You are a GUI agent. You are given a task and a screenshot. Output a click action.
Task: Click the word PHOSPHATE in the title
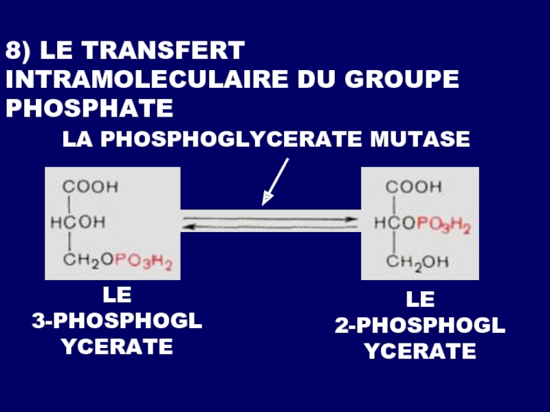(89, 108)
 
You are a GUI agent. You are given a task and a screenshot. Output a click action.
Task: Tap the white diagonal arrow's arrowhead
(266, 200)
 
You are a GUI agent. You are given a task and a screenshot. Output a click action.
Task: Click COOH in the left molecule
(91, 186)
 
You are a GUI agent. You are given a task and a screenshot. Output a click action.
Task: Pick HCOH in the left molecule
(79, 222)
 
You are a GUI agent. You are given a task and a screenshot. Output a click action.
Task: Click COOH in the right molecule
(414, 186)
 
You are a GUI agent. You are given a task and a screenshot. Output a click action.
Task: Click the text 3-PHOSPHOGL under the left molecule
(117, 321)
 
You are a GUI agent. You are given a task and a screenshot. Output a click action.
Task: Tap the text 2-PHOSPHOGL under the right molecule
(420, 326)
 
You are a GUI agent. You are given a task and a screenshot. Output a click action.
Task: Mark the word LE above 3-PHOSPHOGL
(117, 296)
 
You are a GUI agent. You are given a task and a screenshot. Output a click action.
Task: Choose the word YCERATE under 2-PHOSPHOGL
(420, 352)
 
